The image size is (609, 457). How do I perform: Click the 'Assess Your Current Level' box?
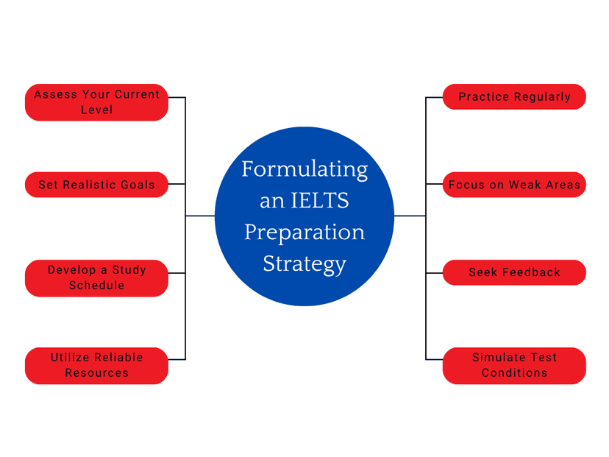(x=96, y=102)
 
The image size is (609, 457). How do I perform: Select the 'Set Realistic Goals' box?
(x=96, y=185)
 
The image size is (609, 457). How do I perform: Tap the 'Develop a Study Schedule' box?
(x=96, y=278)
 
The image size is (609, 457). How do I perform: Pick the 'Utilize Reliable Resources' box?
(x=96, y=366)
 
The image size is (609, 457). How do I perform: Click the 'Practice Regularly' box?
(x=514, y=96)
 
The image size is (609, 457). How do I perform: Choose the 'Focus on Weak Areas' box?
(x=514, y=185)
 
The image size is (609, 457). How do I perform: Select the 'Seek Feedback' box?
(x=514, y=272)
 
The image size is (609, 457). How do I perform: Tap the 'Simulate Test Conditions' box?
(x=514, y=366)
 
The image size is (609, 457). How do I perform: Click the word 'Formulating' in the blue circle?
(x=304, y=170)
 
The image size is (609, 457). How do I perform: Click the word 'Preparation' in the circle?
(x=304, y=233)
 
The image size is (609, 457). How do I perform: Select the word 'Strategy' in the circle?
(x=304, y=265)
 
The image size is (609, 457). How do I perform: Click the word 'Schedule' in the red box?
(x=96, y=286)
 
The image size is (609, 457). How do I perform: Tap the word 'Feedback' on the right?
(x=531, y=272)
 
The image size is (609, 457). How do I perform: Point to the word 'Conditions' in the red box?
(x=514, y=372)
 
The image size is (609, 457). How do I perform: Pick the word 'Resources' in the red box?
(x=96, y=372)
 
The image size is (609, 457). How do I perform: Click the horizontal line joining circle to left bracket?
(x=200, y=216)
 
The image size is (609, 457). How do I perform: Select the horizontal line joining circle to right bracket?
(x=410, y=216)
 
